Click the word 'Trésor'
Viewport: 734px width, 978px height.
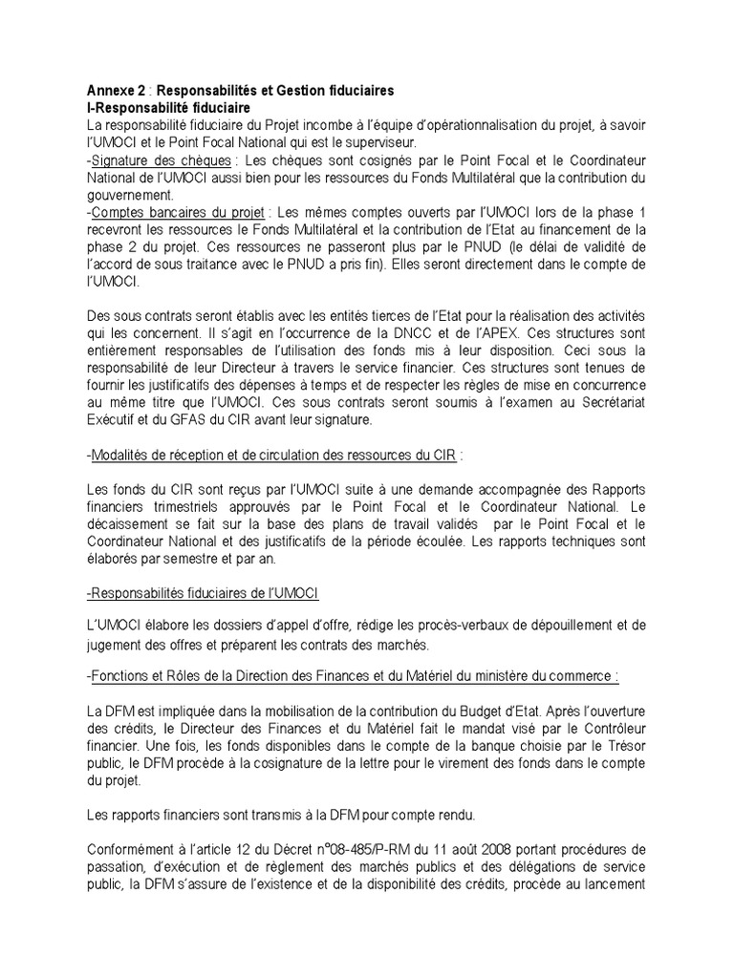click(622, 746)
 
